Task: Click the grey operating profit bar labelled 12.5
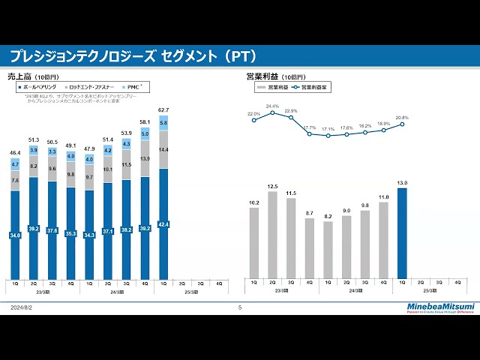pos(272,234)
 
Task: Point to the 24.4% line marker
pos(272,112)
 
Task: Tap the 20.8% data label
pos(402,118)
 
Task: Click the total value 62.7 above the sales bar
pos(163,110)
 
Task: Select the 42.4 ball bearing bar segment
pos(163,223)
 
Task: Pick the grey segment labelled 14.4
pos(163,150)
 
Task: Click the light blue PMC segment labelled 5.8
pos(163,123)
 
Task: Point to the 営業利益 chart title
pos(260,76)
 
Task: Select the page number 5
pos(240,307)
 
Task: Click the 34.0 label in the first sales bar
pos(15,235)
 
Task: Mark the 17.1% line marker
pos(328,135)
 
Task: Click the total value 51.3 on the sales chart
pos(34,140)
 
